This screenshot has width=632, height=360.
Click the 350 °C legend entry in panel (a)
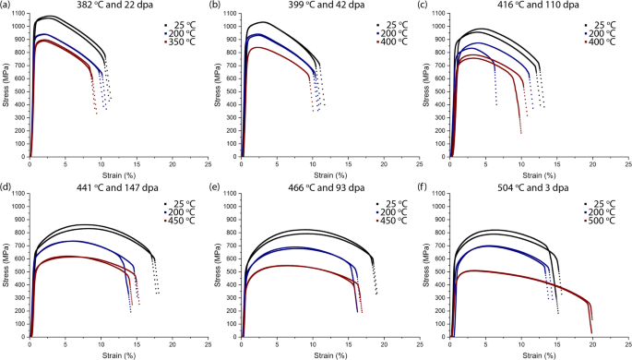[x=177, y=42]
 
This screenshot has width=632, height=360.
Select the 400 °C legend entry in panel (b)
[x=388, y=42]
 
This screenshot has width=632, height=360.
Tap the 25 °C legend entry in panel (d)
[x=177, y=203]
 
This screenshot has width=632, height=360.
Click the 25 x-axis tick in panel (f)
[x=628, y=343]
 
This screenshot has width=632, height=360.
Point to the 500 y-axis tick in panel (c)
[x=443, y=90]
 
